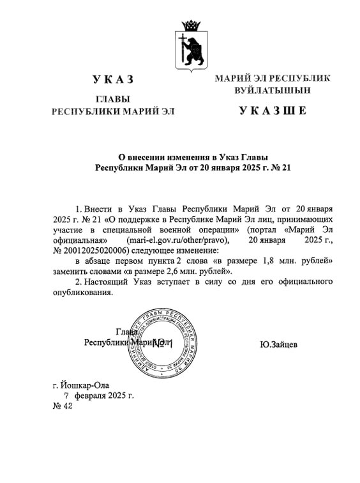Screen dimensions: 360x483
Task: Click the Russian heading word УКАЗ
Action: tap(113, 79)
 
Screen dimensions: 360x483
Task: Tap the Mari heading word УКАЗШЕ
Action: tap(273, 111)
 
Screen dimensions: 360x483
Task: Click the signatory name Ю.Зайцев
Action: tap(279, 345)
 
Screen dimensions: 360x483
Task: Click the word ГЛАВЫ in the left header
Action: tap(112, 100)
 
